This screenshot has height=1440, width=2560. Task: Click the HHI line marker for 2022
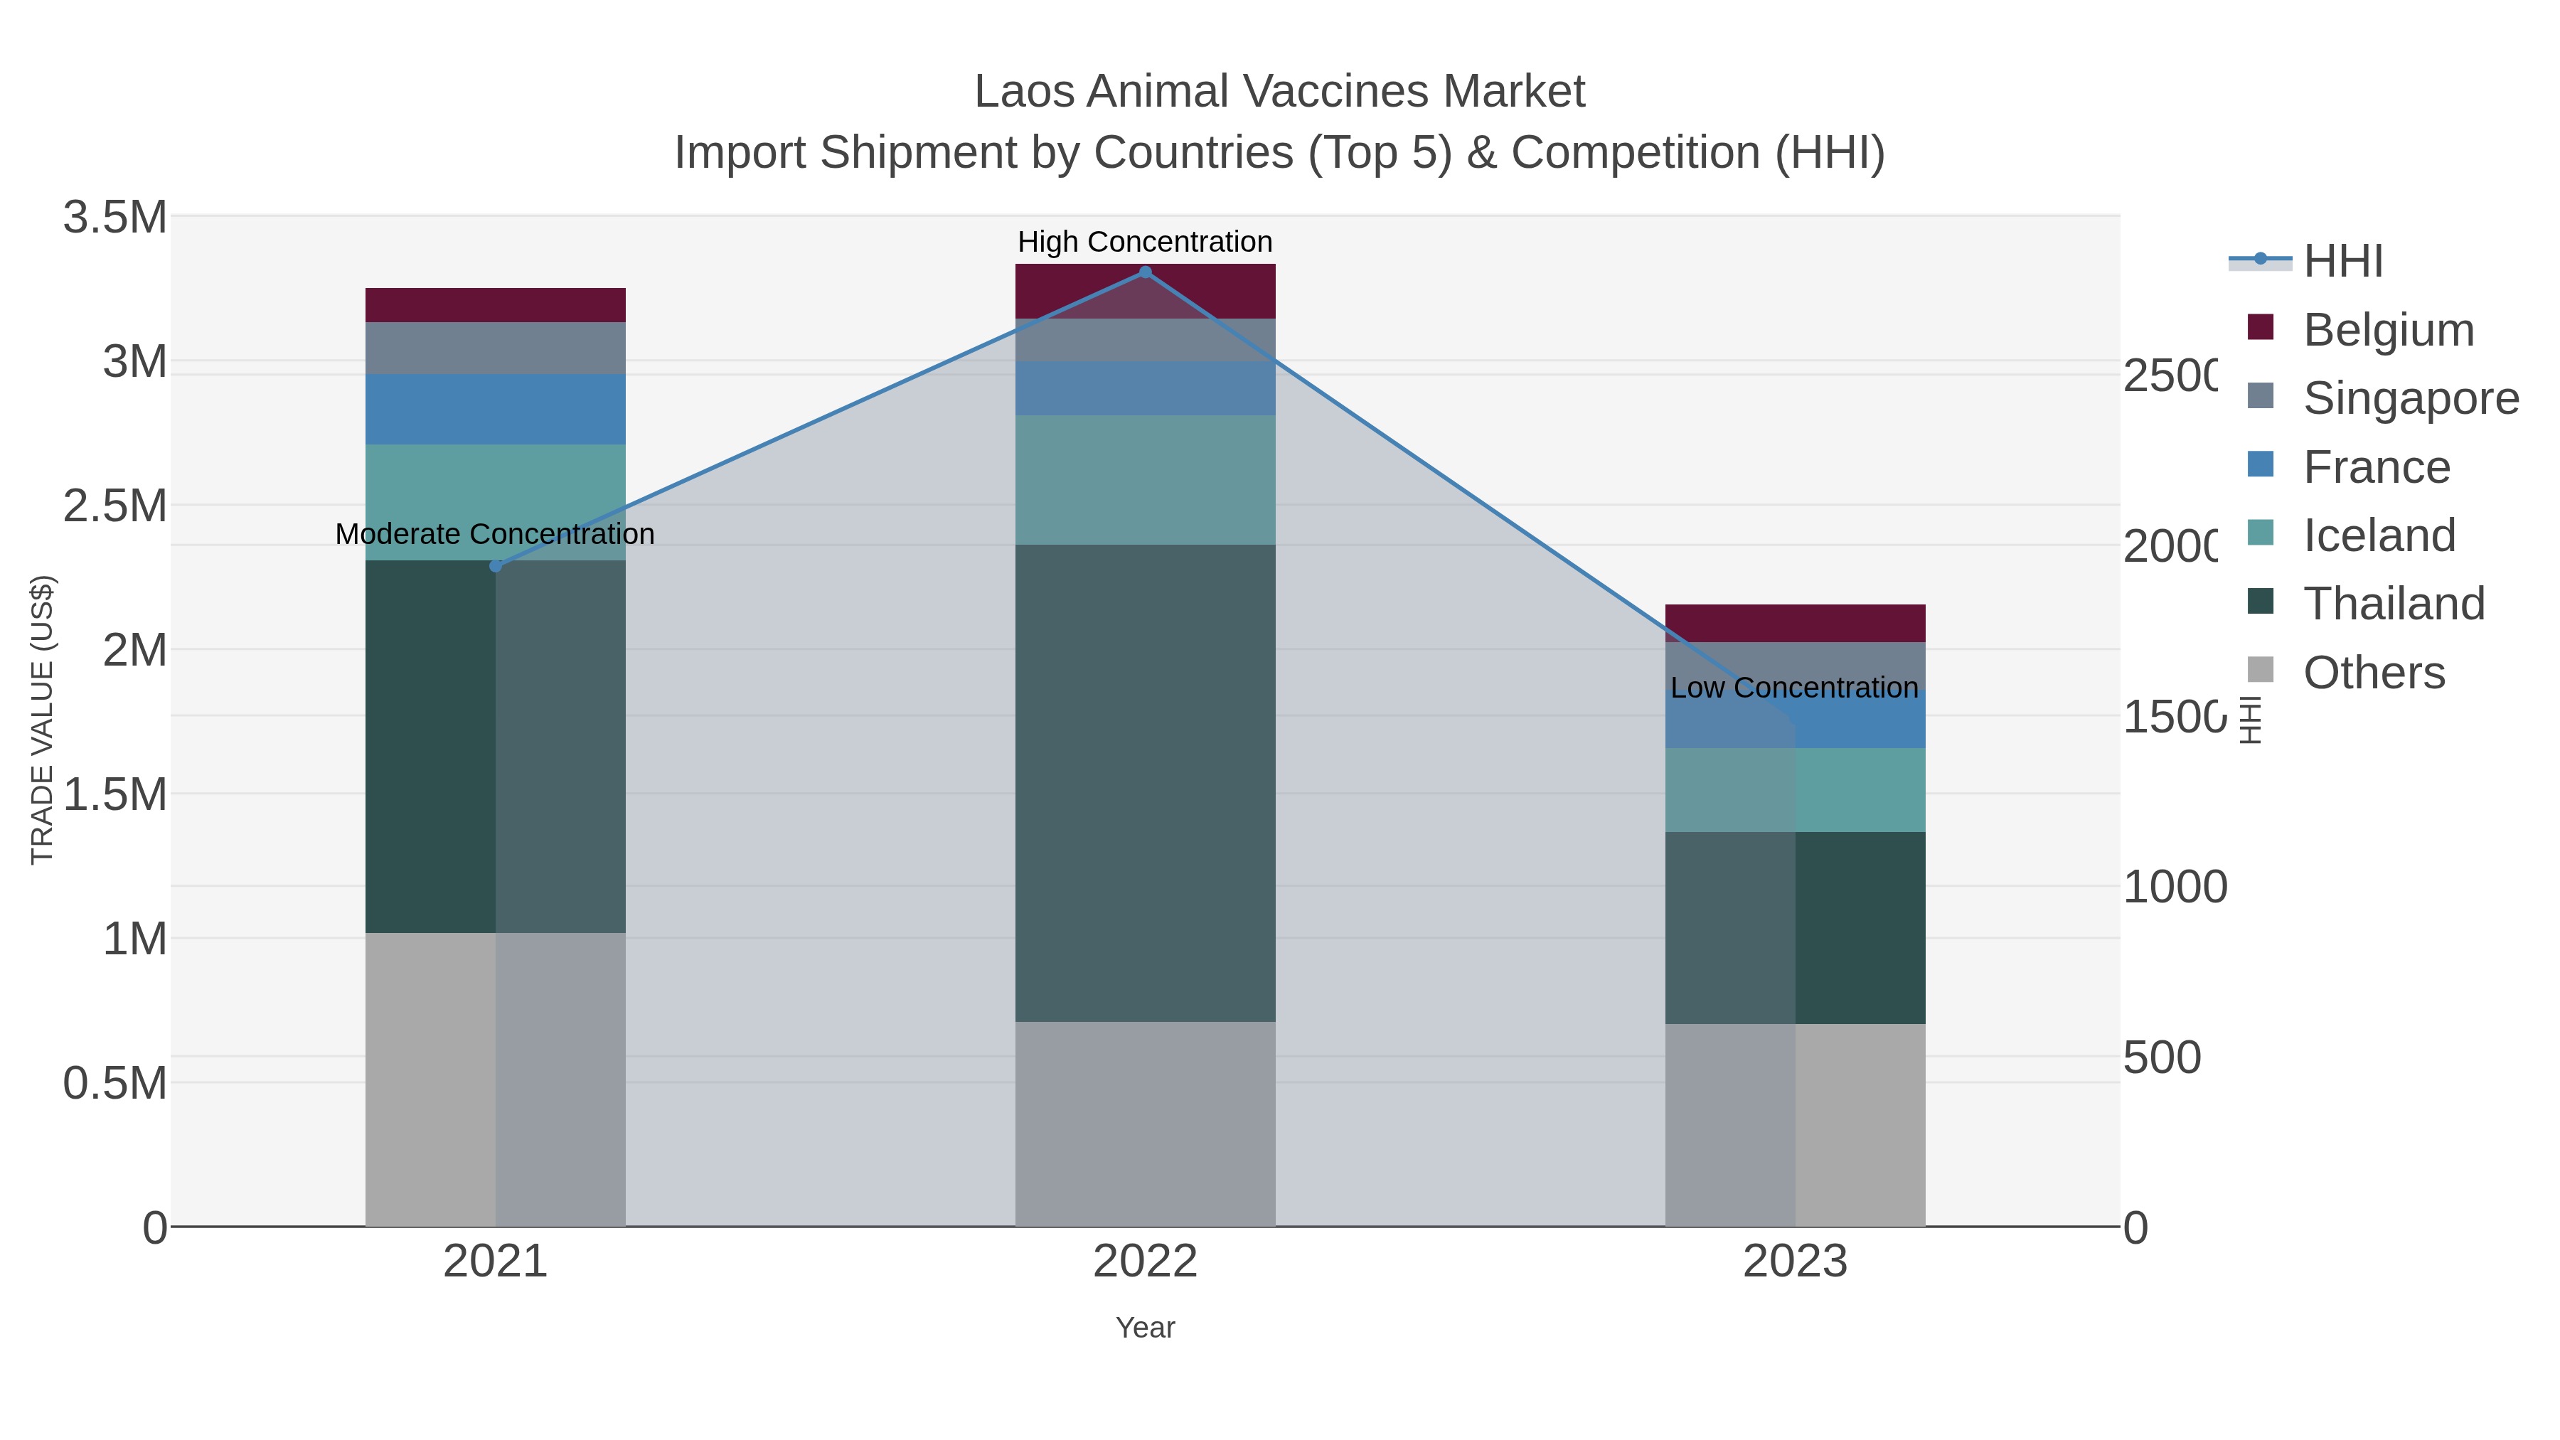pos(1145,272)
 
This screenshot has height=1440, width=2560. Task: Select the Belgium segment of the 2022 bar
pos(1145,291)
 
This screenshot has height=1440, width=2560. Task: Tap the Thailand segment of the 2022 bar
pos(1145,783)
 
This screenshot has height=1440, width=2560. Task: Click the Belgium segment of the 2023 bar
pos(1795,623)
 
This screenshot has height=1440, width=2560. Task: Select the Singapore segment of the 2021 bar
pos(496,348)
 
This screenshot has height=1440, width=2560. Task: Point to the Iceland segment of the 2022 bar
pos(1145,480)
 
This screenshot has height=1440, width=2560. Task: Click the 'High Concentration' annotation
pos(1145,242)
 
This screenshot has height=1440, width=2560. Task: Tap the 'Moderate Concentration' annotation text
pos(495,533)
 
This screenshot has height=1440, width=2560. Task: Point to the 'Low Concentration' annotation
pos(1794,688)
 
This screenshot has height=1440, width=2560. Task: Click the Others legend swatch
pos(2260,671)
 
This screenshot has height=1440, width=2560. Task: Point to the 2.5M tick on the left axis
pos(115,506)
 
